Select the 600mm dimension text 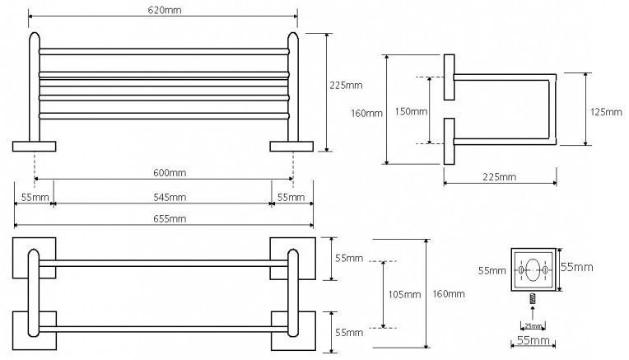tap(170, 172)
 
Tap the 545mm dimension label tap(170, 197)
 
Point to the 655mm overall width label tap(170, 218)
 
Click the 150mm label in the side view tap(411, 111)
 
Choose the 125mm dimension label tap(607, 111)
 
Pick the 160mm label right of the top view tap(448, 294)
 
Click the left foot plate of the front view tap(34, 147)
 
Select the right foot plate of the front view tap(292, 147)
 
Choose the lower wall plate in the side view tap(449, 142)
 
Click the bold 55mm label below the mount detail tap(533, 341)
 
